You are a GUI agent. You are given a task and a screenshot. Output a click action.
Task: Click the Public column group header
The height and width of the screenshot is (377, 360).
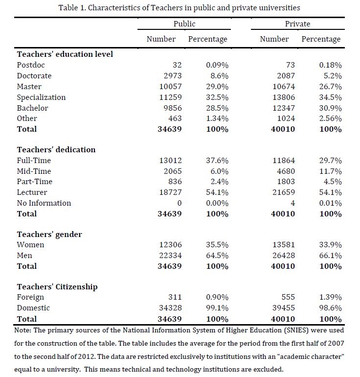[184, 24]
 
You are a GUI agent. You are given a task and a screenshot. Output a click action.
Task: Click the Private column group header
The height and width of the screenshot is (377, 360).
[297, 24]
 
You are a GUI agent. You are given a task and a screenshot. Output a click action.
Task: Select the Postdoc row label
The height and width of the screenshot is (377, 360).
[30, 65]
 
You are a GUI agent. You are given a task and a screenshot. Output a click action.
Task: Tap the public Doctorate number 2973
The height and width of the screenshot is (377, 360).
[172, 76]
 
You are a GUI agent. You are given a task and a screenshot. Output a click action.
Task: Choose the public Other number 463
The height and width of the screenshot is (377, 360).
[174, 118]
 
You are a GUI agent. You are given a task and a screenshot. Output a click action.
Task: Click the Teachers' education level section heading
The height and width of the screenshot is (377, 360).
[65, 54]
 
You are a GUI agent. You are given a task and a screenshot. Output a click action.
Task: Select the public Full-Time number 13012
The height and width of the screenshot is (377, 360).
[170, 161]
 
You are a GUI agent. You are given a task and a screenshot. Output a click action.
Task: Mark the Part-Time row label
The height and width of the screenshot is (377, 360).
[34, 182]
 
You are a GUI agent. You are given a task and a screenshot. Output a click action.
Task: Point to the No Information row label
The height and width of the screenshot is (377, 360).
[44, 203]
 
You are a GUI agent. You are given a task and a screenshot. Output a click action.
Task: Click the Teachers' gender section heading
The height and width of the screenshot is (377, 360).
[49, 234]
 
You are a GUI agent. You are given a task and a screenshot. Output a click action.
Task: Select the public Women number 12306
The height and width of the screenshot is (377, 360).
[170, 245]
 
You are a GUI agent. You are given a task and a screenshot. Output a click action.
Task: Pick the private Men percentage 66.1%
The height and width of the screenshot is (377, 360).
[330, 256]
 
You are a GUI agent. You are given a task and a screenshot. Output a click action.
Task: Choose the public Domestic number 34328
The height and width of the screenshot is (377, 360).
[170, 308]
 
